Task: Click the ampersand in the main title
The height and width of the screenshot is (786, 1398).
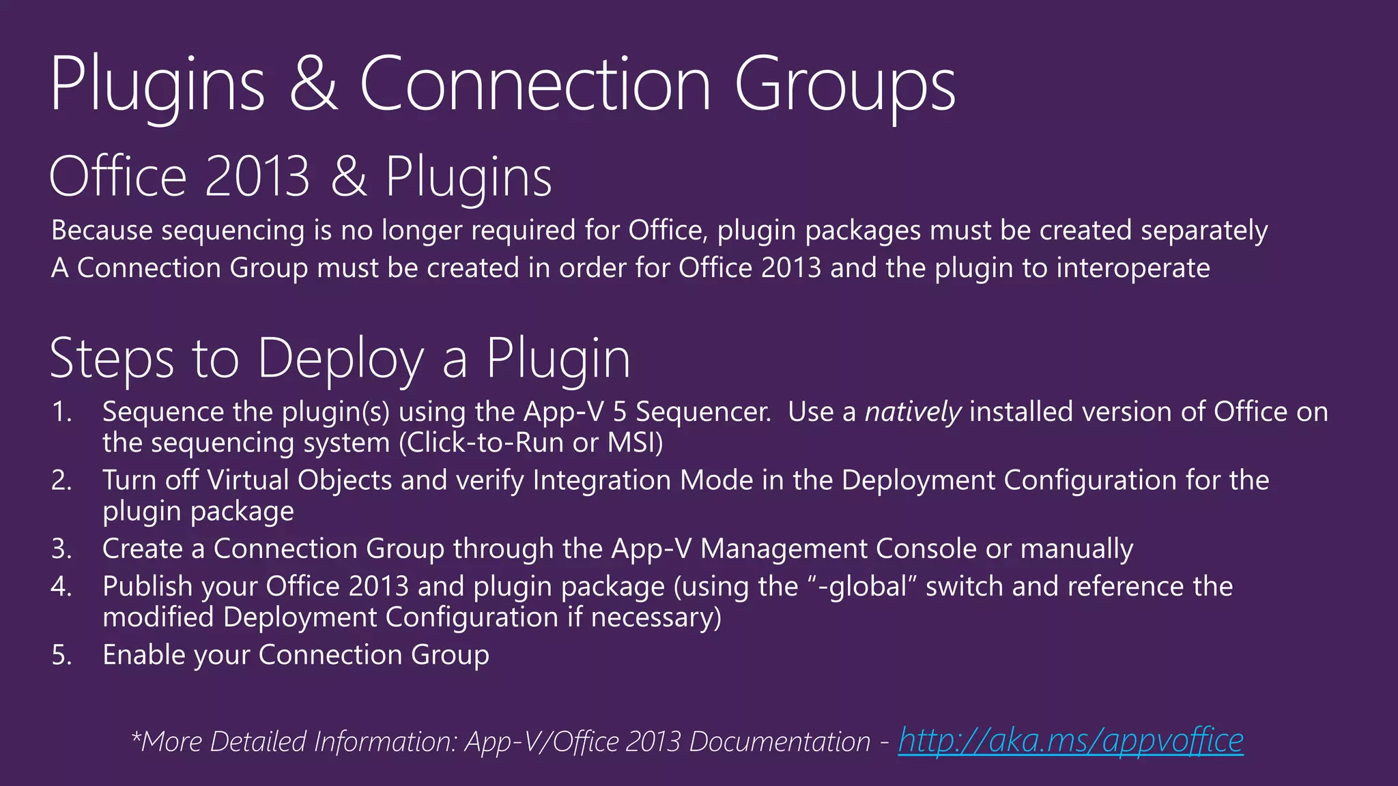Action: [x=313, y=85]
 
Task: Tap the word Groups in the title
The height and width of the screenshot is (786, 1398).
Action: [x=845, y=85]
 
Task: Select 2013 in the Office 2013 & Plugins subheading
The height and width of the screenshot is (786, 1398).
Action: [x=257, y=177]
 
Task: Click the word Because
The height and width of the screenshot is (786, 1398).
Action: [x=102, y=230]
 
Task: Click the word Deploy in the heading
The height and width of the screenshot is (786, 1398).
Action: [x=341, y=359]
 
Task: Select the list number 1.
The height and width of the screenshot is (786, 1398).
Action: [x=61, y=412]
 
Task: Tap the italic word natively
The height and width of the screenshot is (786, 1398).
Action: [x=913, y=412]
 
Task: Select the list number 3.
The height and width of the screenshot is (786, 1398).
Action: [x=61, y=549]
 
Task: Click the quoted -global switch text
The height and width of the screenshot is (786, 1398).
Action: [x=861, y=586]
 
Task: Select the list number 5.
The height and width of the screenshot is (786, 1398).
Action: [x=61, y=655]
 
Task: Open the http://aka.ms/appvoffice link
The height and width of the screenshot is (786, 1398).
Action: [x=1070, y=741]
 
